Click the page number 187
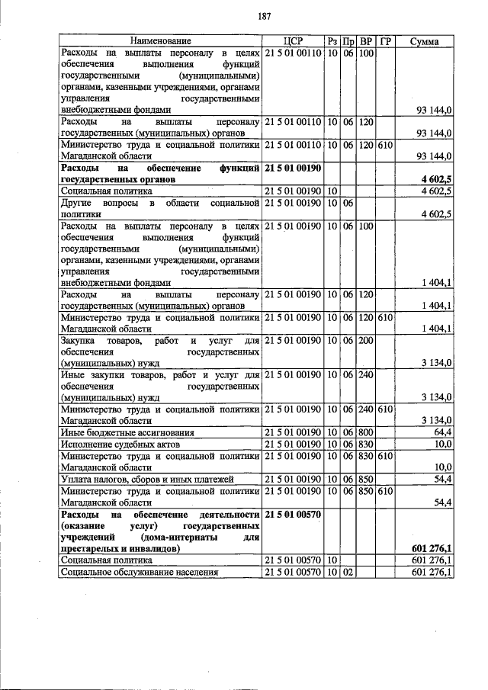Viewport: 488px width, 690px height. (244, 15)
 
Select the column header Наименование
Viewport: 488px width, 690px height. (160, 40)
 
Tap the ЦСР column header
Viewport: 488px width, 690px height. (294, 40)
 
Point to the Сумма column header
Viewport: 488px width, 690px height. (424, 40)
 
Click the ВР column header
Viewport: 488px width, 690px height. (366, 40)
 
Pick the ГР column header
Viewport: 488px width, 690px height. (385, 40)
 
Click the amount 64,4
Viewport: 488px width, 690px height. (440, 432)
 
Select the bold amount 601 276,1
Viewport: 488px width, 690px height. (432, 548)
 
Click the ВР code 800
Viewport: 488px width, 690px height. (366, 432)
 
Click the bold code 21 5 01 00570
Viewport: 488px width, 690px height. (294, 515)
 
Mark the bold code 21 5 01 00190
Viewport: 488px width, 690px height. (294, 167)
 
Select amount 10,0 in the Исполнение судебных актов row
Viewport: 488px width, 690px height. (442, 444)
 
